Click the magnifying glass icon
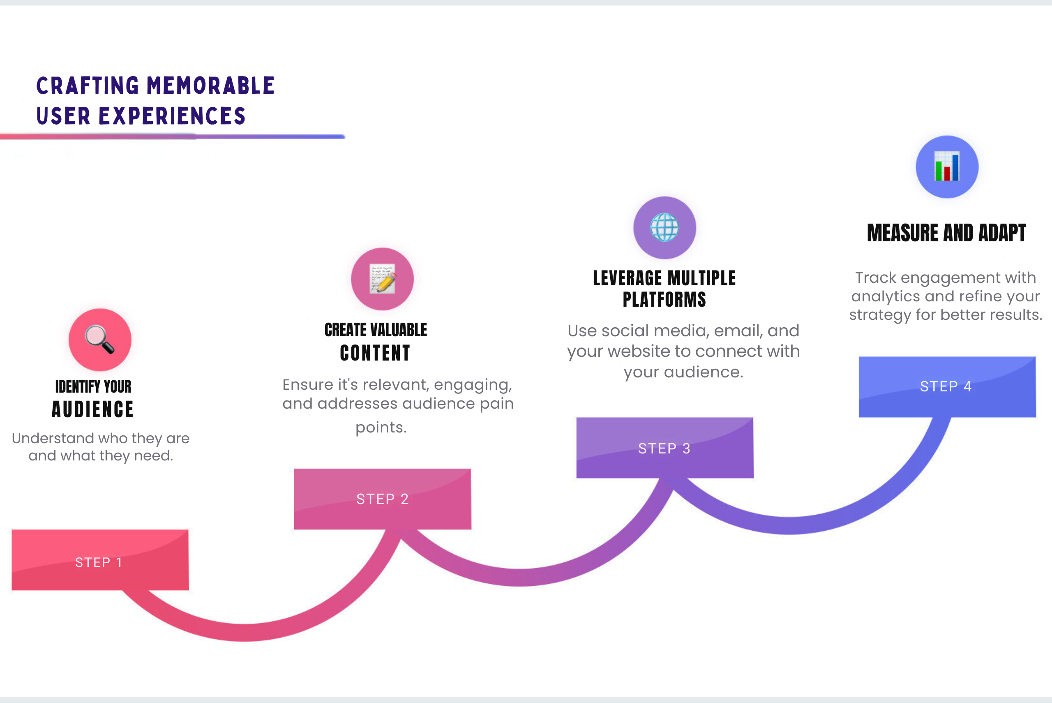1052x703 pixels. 100,340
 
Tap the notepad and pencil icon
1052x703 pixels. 383,279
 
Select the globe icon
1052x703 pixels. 664,227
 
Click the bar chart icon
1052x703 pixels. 947,166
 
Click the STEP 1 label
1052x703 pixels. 99,562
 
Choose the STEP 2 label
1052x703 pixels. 383,499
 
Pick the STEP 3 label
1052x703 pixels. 664,449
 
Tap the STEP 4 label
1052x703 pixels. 946,386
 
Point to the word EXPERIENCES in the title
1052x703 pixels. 172,116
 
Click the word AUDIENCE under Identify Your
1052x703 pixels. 93,409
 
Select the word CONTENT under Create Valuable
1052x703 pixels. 376,353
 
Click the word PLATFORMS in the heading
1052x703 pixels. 664,299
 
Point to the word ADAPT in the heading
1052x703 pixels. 1002,233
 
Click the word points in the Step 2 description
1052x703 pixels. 381,428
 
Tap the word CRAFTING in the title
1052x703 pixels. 88,86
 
